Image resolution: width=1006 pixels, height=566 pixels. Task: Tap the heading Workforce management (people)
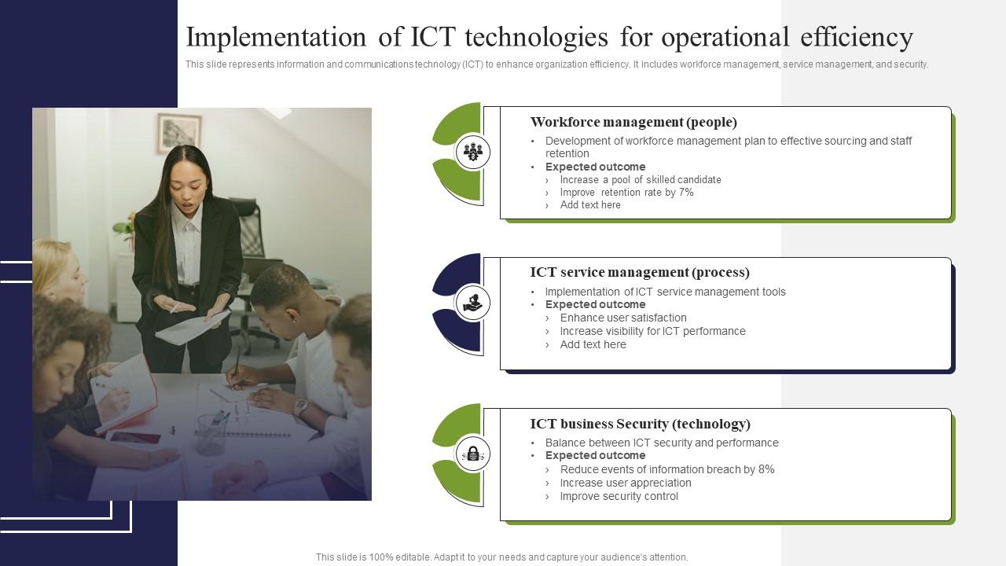coord(633,122)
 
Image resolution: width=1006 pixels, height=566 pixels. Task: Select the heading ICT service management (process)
coord(640,272)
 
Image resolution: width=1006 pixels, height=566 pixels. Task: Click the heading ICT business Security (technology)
coord(640,424)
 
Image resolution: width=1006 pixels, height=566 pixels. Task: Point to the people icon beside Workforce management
coord(472,152)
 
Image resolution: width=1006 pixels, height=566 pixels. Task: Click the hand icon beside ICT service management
coord(472,303)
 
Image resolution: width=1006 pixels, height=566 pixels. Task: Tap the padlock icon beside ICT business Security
coord(472,454)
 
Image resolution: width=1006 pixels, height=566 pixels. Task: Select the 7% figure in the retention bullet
coord(686,192)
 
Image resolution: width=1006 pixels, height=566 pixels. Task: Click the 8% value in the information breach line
coord(766,469)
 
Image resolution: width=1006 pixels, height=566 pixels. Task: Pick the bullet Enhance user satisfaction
coord(622,318)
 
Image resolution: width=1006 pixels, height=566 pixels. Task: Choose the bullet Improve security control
coord(619,496)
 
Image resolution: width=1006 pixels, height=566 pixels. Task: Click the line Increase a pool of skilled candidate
coord(640,179)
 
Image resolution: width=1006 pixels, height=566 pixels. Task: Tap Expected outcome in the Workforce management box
coord(595,167)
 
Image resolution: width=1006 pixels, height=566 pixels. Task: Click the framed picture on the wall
coord(178,133)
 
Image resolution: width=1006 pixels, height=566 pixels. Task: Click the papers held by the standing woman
coord(192,325)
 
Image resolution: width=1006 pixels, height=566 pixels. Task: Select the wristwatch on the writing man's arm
coord(299,406)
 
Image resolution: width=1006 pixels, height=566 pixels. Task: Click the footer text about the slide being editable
coord(501,557)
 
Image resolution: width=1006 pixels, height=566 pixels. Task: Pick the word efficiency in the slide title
coord(856,37)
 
